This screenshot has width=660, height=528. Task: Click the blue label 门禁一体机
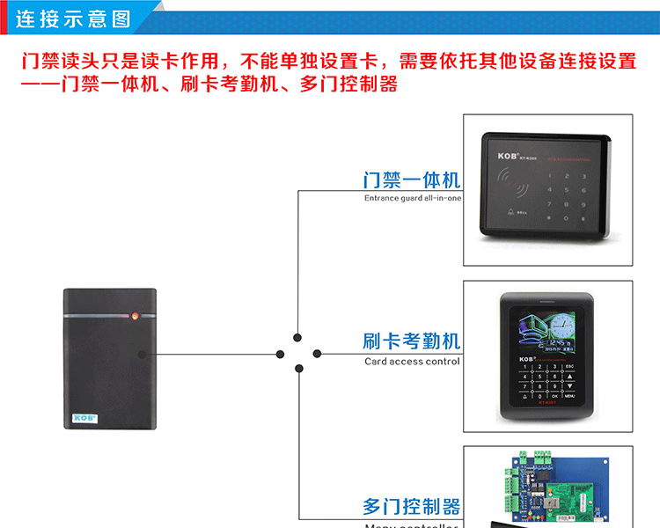point(412,180)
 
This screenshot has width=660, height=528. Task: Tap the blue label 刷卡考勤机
point(412,341)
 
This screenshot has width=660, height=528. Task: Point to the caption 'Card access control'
point(412,361)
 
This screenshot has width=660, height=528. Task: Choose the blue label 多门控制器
point(412,507)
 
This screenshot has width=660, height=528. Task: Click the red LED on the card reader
point(135,314)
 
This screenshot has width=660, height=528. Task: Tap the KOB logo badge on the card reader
point(84,417)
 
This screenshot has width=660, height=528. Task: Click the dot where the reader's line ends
point(280,355)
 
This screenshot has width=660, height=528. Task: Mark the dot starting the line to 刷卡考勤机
point(317,355)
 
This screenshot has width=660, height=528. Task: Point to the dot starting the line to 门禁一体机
point(298,337)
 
